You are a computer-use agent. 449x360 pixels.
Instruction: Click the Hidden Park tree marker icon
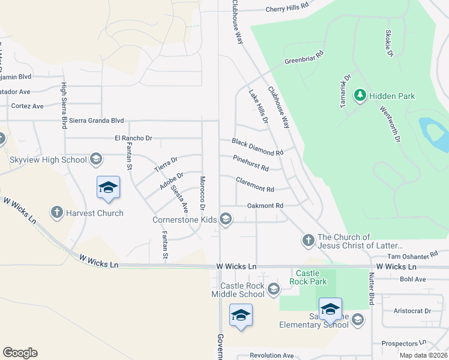pos(360,95)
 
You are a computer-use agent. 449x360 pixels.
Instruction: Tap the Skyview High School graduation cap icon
pos(95,159)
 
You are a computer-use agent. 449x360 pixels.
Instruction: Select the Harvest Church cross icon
pos(57,212)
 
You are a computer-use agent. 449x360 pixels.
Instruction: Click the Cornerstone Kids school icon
pos(226,219)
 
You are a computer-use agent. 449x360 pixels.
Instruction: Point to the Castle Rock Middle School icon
pos(273,290)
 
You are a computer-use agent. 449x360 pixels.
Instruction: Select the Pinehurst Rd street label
pos(251,163)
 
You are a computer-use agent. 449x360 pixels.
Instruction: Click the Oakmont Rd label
pos(265,206)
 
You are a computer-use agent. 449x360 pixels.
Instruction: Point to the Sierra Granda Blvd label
pos(97,121)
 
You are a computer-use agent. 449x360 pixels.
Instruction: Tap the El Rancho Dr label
pos(133,138)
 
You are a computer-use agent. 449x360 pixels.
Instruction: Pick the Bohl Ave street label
pos(412,279)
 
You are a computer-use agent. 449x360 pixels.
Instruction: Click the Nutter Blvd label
pos(372,287)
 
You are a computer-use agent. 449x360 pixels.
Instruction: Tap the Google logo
pos(20,353)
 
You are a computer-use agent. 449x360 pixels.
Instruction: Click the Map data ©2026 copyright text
pos(423,355)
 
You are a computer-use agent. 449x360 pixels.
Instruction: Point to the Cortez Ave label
pos(28,106)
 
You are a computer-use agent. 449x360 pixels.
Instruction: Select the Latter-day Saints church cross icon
pos(307,241)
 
